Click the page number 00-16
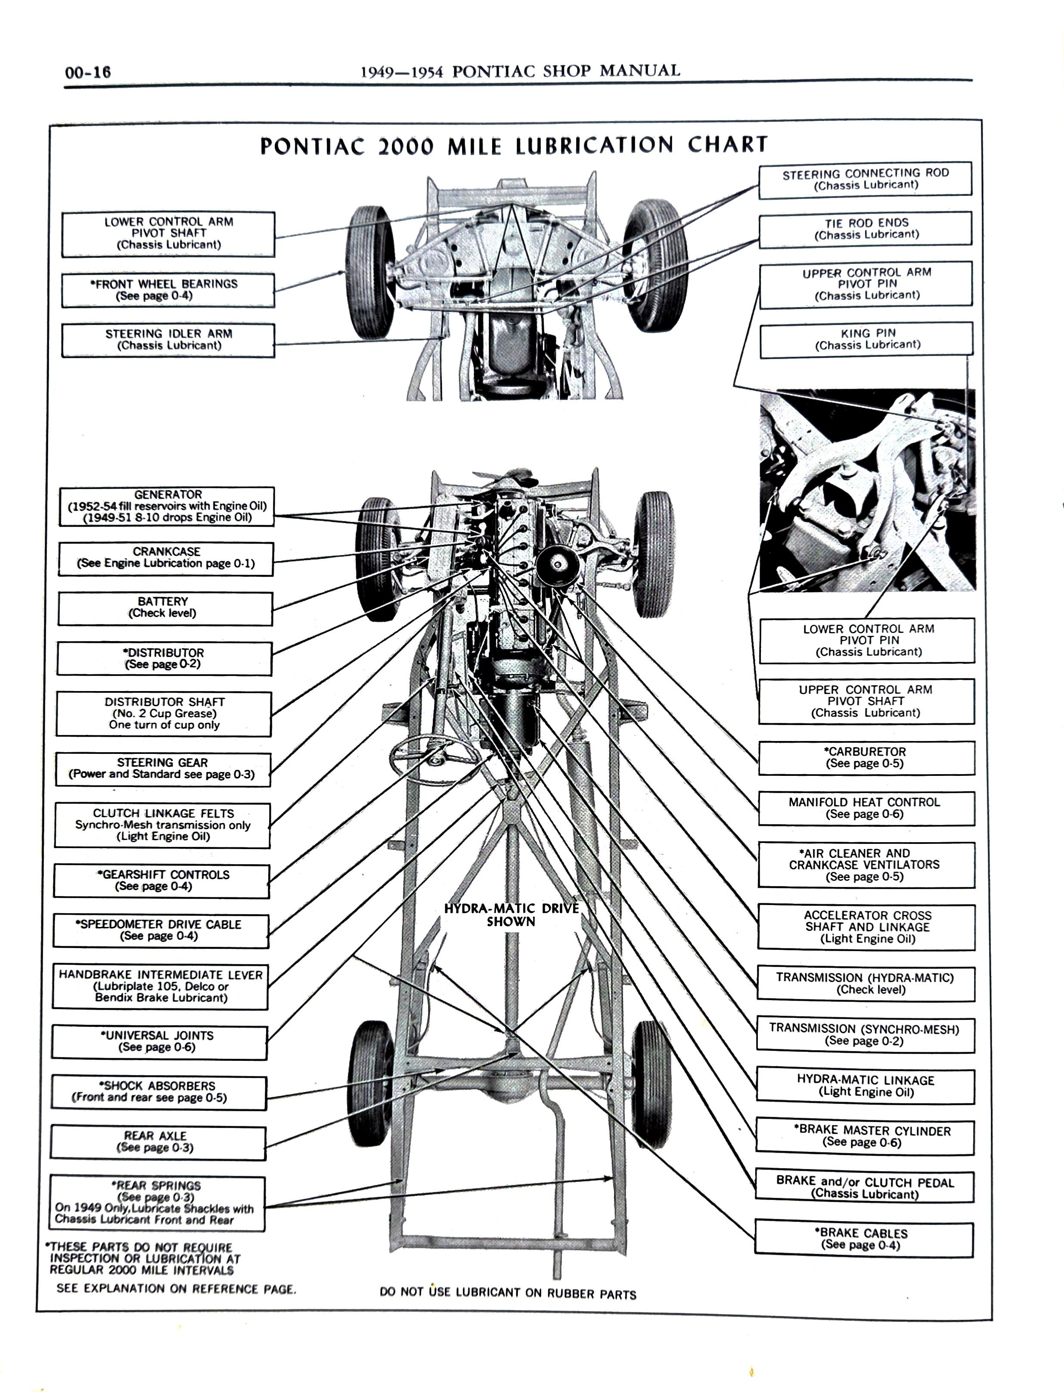click(x=87, y=72)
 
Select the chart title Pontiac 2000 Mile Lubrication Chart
click(x=514, y=145)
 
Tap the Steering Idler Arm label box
click(x=168, y=340)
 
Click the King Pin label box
click(x=866, y=339)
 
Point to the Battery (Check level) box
click(x=164, y=608)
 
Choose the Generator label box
click(x=167, y=506)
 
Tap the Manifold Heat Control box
click(x=866, y=808)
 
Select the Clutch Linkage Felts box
click(x=162, y=825)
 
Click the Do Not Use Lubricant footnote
click(x=508, y=1294)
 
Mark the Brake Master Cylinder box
click(x=865, y=1136)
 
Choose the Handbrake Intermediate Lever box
click(x=160, y=986)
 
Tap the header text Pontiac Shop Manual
click(x=521, y=71)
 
